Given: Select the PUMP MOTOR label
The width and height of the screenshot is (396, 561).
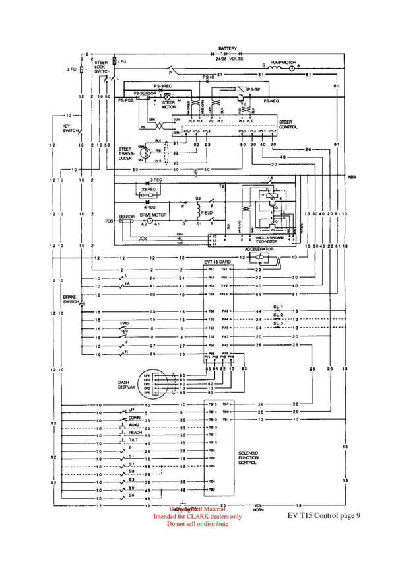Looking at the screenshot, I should pyautogui.click(x=283, y=60).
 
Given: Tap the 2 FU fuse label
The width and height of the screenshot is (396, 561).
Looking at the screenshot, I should pyautogui.click(x=71, y=69).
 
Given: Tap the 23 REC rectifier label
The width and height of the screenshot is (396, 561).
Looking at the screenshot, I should pyautogui.click(x=148, y=190).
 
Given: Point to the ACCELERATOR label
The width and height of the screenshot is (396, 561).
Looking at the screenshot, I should pyautogui.click(x=258, y=250).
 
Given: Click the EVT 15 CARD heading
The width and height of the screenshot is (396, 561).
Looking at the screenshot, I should pyautogui.click(x=218, y=262).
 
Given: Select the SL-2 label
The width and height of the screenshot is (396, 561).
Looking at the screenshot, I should pyautogui.click(x=278, y=315).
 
